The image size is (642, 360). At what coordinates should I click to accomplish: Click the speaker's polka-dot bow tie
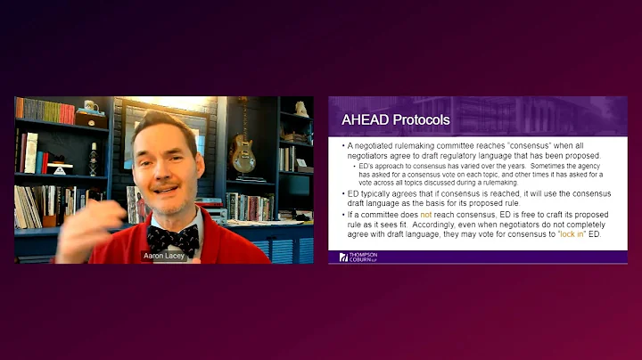point(172,238)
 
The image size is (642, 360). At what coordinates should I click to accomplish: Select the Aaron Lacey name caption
point(163,256)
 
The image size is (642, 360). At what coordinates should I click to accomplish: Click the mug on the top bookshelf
point(89,106)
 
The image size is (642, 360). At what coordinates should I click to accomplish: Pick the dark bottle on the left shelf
point(92,160)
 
